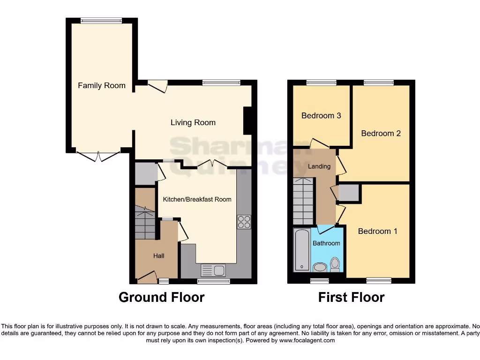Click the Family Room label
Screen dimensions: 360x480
102,85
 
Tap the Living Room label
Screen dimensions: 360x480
193,122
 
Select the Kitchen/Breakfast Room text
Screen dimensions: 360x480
197,199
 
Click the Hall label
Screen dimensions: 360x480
159,255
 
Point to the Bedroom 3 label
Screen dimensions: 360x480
321,115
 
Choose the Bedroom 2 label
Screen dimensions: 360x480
381,133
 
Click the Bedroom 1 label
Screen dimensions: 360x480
377,231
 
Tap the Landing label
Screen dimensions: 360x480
319,166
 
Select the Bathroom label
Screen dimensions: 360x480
326,243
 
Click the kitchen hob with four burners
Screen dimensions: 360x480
244,222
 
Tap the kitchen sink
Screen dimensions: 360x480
213,270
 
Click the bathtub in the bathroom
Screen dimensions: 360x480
301,250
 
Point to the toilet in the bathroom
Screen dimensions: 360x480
335,265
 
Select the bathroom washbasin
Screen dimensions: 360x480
320,267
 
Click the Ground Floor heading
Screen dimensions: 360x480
161,297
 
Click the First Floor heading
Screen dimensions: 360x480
351,297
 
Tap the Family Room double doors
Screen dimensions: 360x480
98,156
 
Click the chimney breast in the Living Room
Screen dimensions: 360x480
247,120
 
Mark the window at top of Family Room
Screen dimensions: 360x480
101,20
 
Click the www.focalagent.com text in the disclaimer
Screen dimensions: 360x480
307,340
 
